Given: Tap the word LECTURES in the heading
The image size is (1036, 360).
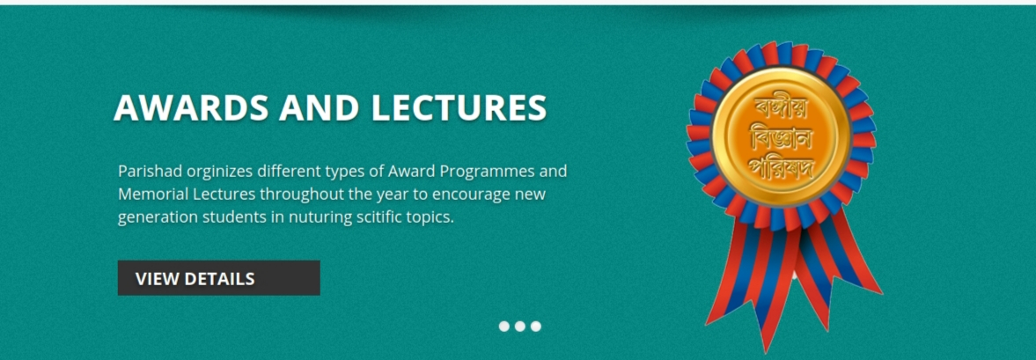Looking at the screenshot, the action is click(459, 107).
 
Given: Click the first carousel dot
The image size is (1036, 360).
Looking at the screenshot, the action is click(504, 327).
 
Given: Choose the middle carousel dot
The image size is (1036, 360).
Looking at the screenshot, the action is click(520, 327).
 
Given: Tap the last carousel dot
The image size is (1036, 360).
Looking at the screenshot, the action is click(536, 327).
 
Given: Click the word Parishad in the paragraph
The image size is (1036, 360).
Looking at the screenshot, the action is click(149, 171).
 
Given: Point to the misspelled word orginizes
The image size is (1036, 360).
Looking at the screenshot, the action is click(218, 173).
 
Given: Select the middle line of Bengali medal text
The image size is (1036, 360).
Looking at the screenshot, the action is click(781, 138).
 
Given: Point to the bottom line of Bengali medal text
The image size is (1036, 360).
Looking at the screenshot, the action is click(781, 168).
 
